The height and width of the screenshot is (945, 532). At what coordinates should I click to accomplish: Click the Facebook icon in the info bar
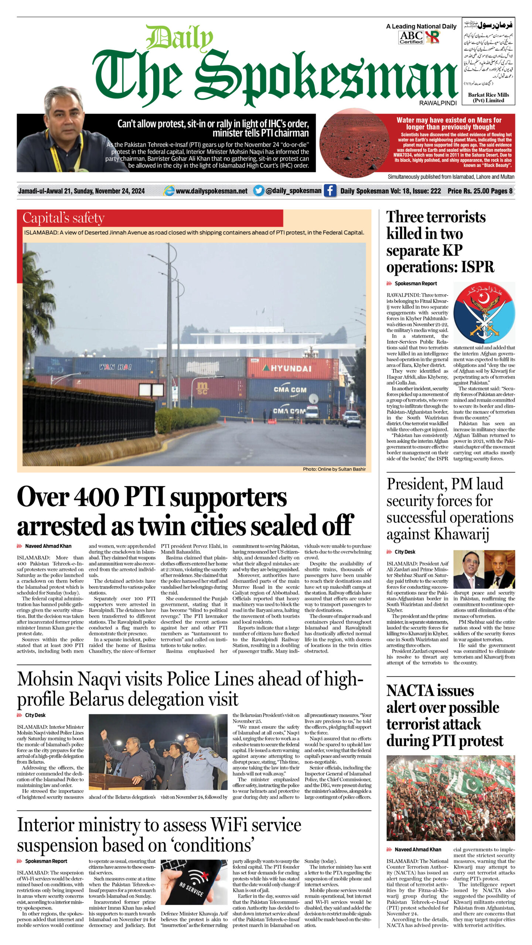(330, 190)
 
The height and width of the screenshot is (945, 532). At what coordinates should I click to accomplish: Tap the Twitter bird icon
(259, 190)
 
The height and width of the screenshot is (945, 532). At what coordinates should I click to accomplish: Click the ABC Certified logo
(411, 37)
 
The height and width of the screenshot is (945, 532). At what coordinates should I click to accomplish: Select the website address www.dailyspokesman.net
(211, 191)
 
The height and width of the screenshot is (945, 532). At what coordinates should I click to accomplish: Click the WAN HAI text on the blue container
(115, 367)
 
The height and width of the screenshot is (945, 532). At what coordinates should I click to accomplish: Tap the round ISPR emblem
(484, 313)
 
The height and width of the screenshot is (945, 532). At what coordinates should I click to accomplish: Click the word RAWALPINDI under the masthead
(438, 103)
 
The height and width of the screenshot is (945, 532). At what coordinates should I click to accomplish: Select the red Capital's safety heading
(64, 218)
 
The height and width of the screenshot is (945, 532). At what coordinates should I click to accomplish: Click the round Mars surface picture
(354, 142)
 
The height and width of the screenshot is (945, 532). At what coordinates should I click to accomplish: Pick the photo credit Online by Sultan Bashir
(334, 469)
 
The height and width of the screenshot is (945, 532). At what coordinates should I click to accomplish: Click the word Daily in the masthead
(180, 38)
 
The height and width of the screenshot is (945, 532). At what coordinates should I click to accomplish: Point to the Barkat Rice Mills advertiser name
(488, 97)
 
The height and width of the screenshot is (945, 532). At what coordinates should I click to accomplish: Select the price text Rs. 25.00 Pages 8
(480, 191)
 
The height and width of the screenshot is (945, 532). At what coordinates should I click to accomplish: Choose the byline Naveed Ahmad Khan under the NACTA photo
(417, 849)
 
